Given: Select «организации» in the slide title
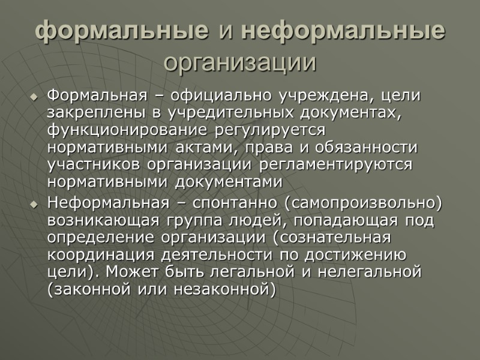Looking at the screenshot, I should [x=240, y=62].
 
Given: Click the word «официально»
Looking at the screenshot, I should [x=221, y=95].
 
